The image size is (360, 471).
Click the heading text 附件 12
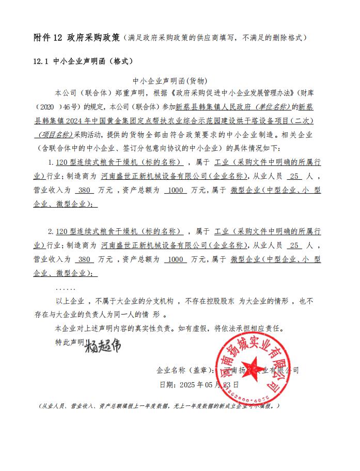click(x=48, y=38)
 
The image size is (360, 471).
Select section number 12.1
click(x=40, y=61)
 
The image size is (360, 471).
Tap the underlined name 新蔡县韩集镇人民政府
click(x=213, y=108)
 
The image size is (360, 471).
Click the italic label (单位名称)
click(x=272, y=108)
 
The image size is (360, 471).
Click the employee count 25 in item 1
click(x=295, y=176)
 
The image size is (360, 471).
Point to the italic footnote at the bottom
click(x=160, y=406)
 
